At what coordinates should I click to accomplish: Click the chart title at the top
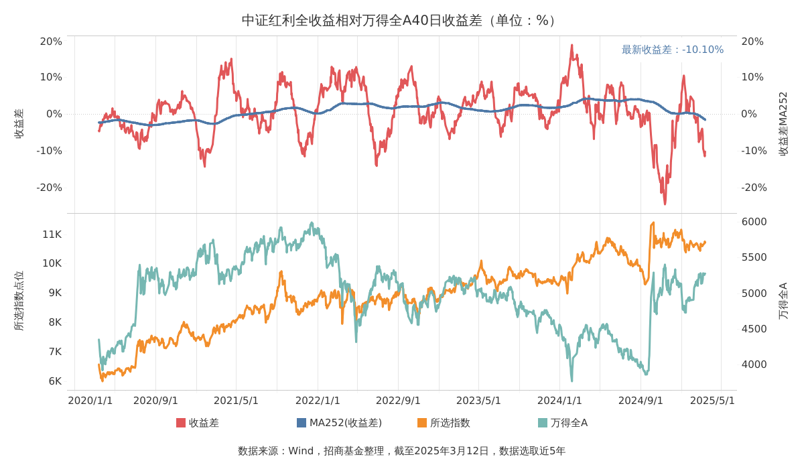click(401, 20)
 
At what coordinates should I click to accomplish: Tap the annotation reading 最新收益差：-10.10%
click(672, 50)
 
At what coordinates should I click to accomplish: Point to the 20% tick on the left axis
click(51, 42)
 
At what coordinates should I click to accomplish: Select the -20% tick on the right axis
click(752, 188)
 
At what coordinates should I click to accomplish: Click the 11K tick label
click(52, 234)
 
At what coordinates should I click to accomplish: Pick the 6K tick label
click(55, 381)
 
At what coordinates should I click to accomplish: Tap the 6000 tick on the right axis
click(754, 222)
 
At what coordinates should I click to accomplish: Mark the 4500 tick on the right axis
click(754, 329)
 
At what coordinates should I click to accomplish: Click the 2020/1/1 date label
click(90, 401)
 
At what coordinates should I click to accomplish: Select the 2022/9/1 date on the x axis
click(398, 401)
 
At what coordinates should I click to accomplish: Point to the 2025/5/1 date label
click(712, 401)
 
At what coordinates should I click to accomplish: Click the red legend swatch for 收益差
click(181, 423)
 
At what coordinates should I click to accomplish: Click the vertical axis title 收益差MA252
click(783, 124)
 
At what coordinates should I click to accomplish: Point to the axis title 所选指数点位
click(19, 301)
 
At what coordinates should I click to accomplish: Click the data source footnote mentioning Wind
click(401, 451)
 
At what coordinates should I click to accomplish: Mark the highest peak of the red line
click(572, 46)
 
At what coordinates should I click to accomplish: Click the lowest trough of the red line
click(665, 204)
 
